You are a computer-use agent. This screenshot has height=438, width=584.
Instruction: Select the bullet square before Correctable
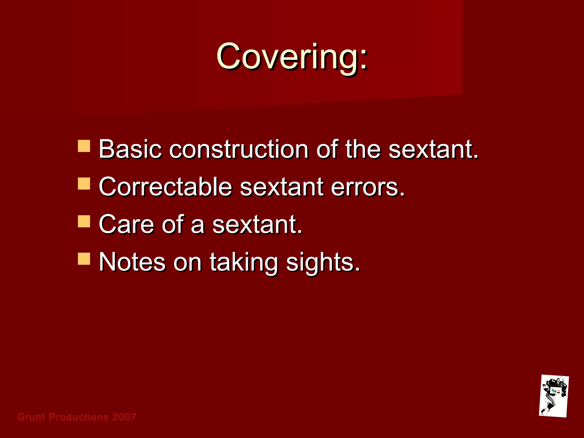pos(84,184)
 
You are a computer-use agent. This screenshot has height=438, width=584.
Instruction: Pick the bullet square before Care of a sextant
pos(84,221)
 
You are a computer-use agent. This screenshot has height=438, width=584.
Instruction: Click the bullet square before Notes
pos(84,259)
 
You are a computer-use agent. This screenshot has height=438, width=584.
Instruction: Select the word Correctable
pos(165,187)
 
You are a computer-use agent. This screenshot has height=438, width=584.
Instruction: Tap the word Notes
pos(132,262)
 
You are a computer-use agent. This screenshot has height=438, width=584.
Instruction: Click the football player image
pos(554,396)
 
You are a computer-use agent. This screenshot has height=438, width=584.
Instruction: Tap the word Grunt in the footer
pos(31,417)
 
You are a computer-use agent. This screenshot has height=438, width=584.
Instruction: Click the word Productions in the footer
pos(79,417)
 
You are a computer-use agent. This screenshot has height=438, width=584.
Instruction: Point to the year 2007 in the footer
pos(124,417)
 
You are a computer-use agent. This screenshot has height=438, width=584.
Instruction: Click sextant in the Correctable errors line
pos(282,187)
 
